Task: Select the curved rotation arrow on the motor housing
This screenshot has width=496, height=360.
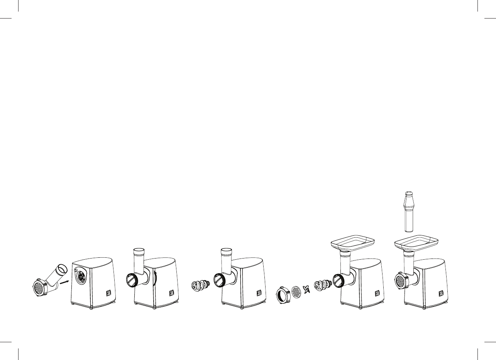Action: click(x=155, y=278)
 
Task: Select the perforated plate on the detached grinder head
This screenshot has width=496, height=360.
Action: click(x=38, y=287)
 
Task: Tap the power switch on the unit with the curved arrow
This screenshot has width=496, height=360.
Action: click(x=171, y=293)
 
